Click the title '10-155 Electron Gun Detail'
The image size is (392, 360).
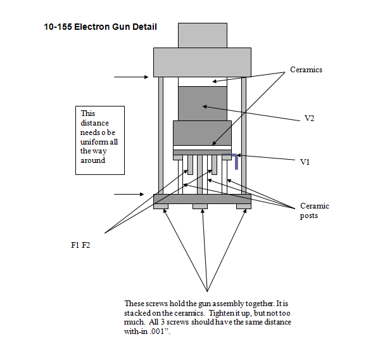coord(100,27)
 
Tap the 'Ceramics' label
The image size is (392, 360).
coord(306,70)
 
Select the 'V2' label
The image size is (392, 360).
coord(309,119)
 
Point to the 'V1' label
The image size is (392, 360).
coord(305,162)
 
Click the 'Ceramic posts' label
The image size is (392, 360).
coord(314,210)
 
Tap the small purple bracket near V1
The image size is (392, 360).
coord(236,161)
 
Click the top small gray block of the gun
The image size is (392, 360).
coord(202,35)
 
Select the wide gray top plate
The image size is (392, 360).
coord(203,62)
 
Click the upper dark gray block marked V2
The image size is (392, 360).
coord(203,103)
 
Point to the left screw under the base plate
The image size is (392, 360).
coord(161,207)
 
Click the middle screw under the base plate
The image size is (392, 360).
coord(200,207)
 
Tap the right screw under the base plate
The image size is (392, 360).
coord(244,207)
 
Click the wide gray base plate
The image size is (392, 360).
coord(202,199)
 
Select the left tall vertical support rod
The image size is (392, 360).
coord(161,136)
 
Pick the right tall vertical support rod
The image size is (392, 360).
coord(244,136)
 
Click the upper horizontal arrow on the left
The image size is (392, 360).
coord(130,77)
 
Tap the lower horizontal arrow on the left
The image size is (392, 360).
coord(131,194)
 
